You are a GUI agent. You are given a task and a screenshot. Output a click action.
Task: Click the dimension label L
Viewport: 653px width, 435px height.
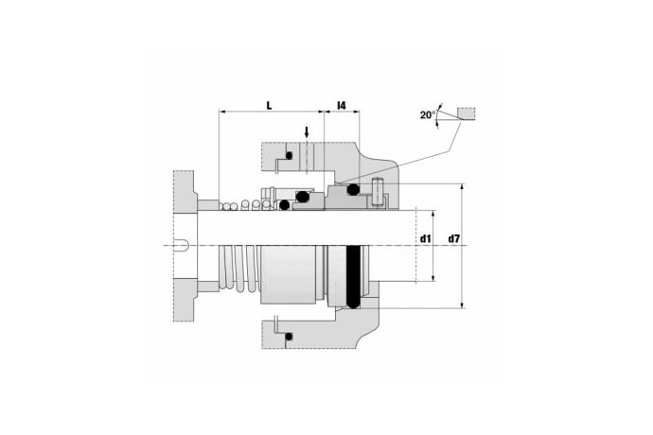[269, 105]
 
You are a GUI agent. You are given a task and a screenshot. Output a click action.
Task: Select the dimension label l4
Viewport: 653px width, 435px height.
[341, 105]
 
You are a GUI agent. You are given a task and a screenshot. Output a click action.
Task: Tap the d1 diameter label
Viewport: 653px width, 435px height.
[425, 239]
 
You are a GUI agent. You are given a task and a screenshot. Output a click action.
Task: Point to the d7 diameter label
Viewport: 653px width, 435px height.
[454, 239]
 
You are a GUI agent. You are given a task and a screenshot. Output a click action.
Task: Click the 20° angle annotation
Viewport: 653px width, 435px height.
[428, 114]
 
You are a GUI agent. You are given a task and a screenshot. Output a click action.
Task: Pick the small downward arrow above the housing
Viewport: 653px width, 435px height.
[307, 132]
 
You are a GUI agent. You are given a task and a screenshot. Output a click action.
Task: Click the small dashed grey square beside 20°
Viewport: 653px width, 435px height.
[467, 113]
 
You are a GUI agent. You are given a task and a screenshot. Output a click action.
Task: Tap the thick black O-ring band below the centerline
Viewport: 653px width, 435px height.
[353, 277]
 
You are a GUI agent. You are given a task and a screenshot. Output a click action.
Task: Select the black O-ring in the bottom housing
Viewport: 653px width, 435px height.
[289, 337]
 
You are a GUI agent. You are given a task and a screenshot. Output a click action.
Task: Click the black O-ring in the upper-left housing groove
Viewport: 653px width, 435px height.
[289, 156]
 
